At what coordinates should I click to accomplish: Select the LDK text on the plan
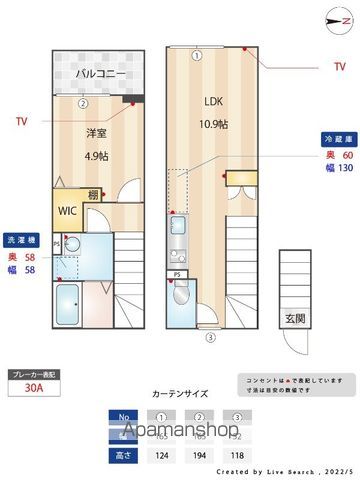pyautogui.click(x=214, y=100)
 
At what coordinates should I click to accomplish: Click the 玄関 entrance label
pyautogui.click(x=297, y=319)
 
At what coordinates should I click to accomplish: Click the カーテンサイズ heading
pyautogui.click(x=180, y=395)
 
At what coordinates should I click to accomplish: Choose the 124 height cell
pyautogui.click(x=160, y=455)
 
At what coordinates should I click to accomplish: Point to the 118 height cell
pyautogui.click(x=238, y=455)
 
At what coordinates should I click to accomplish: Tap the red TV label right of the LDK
pyautogui.click(x=339, y=67)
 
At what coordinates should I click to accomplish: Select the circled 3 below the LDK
pyautogui.click(x=210, y=337)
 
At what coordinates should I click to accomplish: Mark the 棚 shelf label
pyautogui.click(x=92, y=195)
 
